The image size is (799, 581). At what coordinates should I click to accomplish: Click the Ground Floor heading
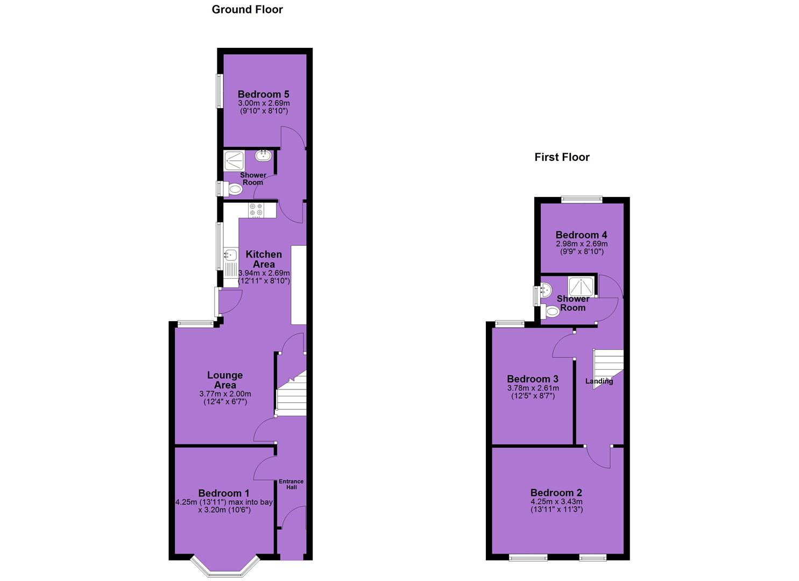tap(247, 10)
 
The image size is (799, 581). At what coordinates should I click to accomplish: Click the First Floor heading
tap(562, 157)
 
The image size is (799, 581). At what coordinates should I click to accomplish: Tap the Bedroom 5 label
tap(263, 94)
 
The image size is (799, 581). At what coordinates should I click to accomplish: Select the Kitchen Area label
tap(264, 259)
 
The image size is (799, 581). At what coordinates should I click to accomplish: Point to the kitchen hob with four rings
tap(257, 210)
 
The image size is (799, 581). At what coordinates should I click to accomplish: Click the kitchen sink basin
tap(231, 254)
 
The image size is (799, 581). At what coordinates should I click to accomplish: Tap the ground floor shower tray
tap(235, 160)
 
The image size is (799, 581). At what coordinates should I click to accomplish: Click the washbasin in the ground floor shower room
tap(264, 155)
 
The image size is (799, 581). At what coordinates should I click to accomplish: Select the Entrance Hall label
tap(291, 484)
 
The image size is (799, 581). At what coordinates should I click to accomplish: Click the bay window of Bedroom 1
tap(225, 568)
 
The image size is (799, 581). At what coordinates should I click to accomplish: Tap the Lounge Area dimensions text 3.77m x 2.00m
tap(225, 394)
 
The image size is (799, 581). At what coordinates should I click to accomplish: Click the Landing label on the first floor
tap(599, 381)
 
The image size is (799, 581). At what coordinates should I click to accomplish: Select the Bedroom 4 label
tap(582, 235)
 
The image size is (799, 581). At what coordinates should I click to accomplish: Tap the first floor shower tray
tap(581, 286)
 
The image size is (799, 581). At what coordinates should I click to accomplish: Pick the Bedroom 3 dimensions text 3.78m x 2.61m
tap(533, 388)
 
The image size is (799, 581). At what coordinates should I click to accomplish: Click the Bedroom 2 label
tap(556, 493)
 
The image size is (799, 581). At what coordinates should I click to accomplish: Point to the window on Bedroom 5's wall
tap(219, 91)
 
